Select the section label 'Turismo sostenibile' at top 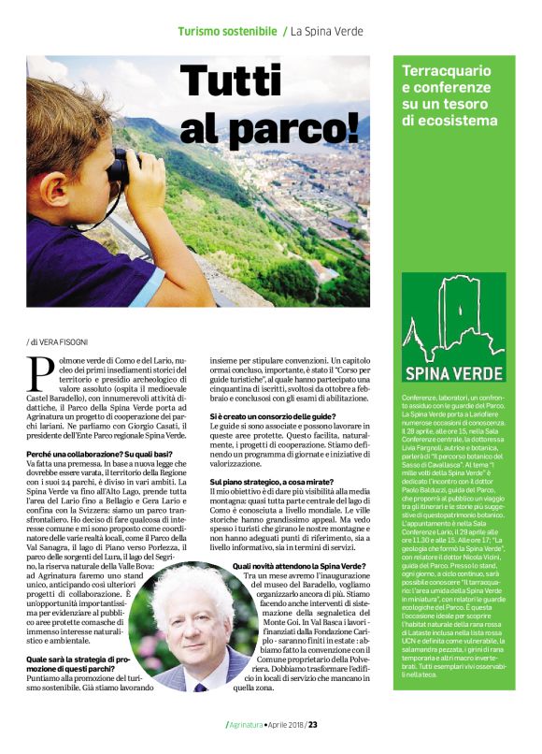[227, 32]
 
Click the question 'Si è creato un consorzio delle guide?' [272, 414]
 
